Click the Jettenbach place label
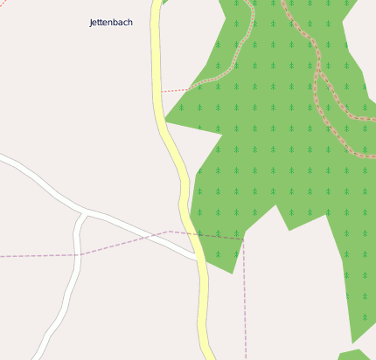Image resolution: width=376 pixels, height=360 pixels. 111,22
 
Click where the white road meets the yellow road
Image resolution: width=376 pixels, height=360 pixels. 196,257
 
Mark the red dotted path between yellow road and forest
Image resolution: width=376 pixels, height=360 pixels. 179,88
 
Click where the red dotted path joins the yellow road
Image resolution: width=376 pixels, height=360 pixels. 161,91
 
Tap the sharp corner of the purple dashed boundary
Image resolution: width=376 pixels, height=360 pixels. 171,232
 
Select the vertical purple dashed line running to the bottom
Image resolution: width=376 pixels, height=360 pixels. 245,306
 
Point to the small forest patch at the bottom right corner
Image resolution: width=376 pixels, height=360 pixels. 354,355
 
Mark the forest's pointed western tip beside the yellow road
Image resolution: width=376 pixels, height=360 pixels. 166,121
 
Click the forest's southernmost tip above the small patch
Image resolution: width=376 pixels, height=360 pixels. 352,342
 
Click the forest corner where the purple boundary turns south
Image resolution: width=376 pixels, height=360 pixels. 243,237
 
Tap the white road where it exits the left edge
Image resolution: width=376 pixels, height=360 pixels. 3,158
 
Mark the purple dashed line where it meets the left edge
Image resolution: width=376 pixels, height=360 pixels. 3,256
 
